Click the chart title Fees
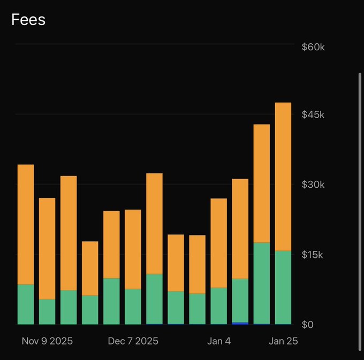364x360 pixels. pyautogui.click(x=28, y=20)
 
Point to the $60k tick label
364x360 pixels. pyautogui.click(x=313, y=47)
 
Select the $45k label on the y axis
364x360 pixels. pyautogui.click(x=313, y=115)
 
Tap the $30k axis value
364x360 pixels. pyautogui.click(x=313, y=185)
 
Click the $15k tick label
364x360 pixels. pyautogui.click(x=313, y=255)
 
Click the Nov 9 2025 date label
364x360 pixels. pyautogui.click(x=47, y=341)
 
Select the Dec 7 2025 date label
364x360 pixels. pyautogui.click(x=133, y=341)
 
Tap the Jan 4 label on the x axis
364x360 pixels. pyautogui.click(x=219, y=341)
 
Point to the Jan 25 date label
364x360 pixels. pyautogui.click(x=283, y=341)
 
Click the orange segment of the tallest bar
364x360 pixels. pyautogui.click(x=283, y=177)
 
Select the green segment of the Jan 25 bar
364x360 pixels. pyautogui.click(x=283, y=287)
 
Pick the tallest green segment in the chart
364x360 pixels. pyautogui.click(x=262, y=284)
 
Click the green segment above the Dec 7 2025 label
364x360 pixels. pyautogui.click(x=133, y=306)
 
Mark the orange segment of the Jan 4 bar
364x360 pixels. pyautogui.click(x=219, y=243)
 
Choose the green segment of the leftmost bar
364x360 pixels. pyautogui.click(x=26, y=304)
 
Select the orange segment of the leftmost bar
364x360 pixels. pyautogui.click(x=26, y=224)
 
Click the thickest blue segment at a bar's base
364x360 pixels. pyautogui.click(x=240, y=323)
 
